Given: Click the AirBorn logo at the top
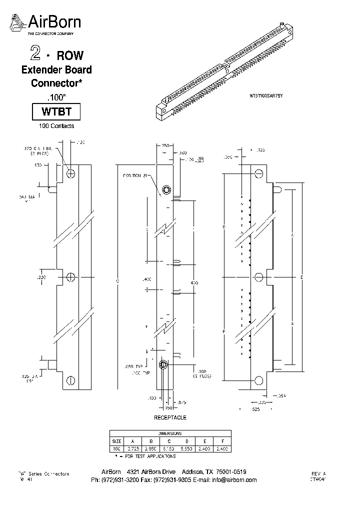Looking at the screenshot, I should point(46,23).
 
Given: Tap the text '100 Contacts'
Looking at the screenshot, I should point(56,126).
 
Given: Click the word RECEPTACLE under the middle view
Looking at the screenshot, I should point(169,417).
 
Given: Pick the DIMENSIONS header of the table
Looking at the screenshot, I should point(169,433).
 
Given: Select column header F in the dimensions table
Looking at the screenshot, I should point(222,441).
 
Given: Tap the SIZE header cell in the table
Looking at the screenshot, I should point(116,441).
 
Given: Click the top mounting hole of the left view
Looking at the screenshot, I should point(70,173).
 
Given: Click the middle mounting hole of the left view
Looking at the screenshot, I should point(70,277).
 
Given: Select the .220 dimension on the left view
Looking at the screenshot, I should point(41,276).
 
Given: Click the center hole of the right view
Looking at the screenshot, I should point(258,277).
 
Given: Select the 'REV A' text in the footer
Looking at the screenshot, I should point(318,473).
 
